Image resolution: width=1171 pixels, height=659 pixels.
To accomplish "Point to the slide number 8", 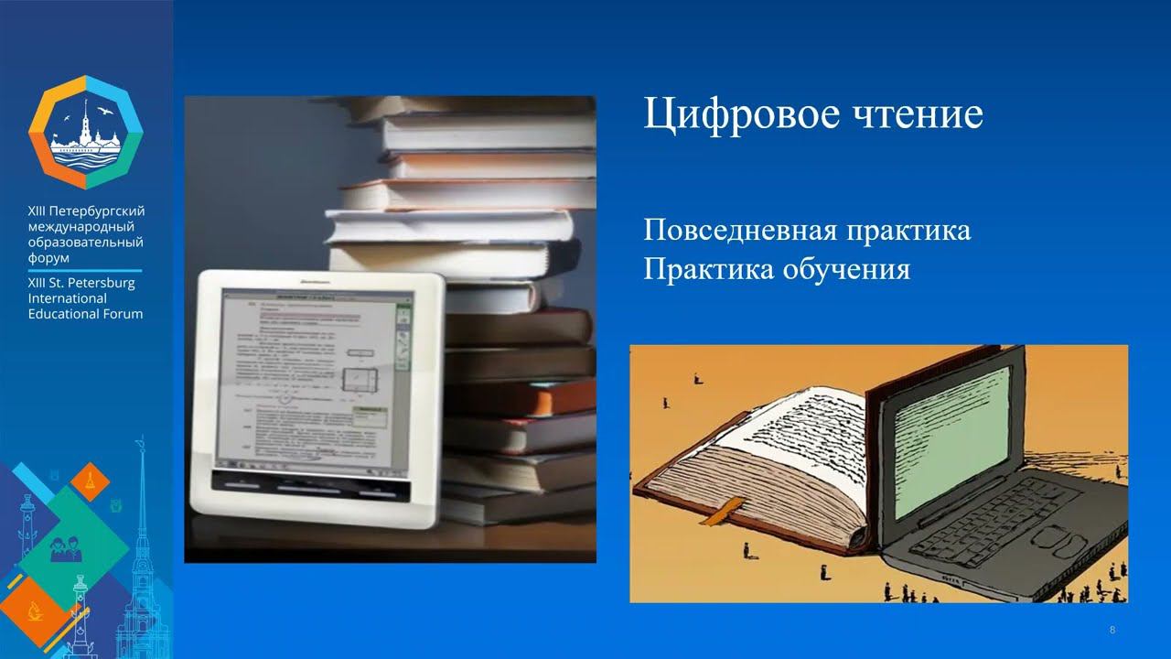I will tap(1112, 630).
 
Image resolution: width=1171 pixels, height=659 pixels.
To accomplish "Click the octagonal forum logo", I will tap(86, 133).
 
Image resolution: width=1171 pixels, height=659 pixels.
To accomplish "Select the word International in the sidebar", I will tap(68, 298).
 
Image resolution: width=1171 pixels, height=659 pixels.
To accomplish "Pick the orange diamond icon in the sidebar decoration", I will tap(90, 481).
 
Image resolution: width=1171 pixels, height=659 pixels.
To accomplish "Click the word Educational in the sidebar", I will tap(85, 314).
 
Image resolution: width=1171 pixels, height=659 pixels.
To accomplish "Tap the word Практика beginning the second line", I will tap(703, 270).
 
